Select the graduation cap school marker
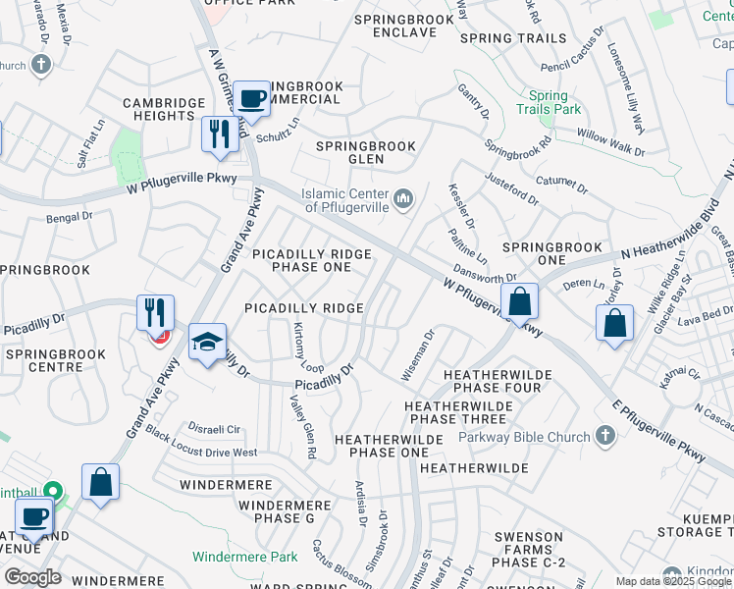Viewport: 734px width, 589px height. [207, 343]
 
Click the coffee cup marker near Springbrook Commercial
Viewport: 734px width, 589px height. [251, 98]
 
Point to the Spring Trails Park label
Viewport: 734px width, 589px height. [549, 103]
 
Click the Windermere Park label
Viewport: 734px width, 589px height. [244, 557]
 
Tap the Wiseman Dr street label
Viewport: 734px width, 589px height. [417, 355]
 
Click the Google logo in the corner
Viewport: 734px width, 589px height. [32, 577]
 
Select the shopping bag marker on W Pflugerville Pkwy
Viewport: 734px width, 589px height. [519, 301]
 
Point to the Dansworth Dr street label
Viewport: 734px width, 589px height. [484, 277]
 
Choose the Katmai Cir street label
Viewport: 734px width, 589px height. [679, 374]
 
